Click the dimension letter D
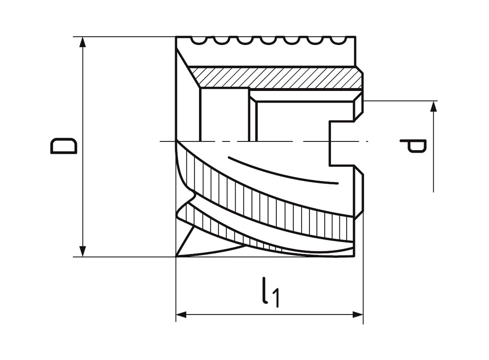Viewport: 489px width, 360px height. click(x=64, y=146)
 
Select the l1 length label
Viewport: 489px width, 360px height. click(x=270, y=292)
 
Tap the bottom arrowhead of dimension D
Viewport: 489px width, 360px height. click(x=83, y=251)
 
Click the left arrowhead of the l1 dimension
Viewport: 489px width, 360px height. click(x=182, y=315)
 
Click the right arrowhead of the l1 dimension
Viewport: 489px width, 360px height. click(x=357, y=315)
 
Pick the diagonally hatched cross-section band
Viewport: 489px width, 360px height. click(x=274, y=77)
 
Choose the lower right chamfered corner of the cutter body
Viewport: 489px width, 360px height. click(x=359, y=213)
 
